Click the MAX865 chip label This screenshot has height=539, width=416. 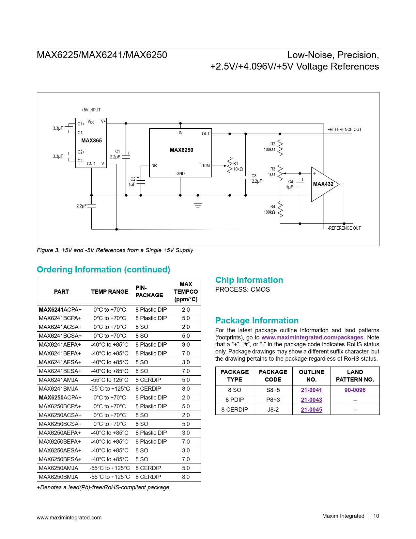coord(91,140)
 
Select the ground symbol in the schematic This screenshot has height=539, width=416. coord(198,204)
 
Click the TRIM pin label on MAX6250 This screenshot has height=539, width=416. coord(205,166)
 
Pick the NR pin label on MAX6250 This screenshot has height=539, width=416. coord(154,166)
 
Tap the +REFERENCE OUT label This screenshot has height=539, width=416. coord(344,130)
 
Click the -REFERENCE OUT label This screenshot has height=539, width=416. coord(344,228)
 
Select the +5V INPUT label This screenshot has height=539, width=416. coord(91,110)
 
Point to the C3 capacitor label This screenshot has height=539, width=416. coord(254,176)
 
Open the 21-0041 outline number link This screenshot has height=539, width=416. coord(311,390)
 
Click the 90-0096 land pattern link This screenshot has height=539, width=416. coord(355,390)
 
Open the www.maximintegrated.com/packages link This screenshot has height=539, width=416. coord(312,337)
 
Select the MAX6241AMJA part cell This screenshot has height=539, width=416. coord(59,380)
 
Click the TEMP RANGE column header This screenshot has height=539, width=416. coord(110,292)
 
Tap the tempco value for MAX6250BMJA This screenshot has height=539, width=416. coord(186,477)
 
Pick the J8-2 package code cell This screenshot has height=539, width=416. coord(273,410)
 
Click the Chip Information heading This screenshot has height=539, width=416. coord(249,280)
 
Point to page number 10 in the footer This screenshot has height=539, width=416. coord(376,516)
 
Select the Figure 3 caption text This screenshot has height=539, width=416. coord(115,250)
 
